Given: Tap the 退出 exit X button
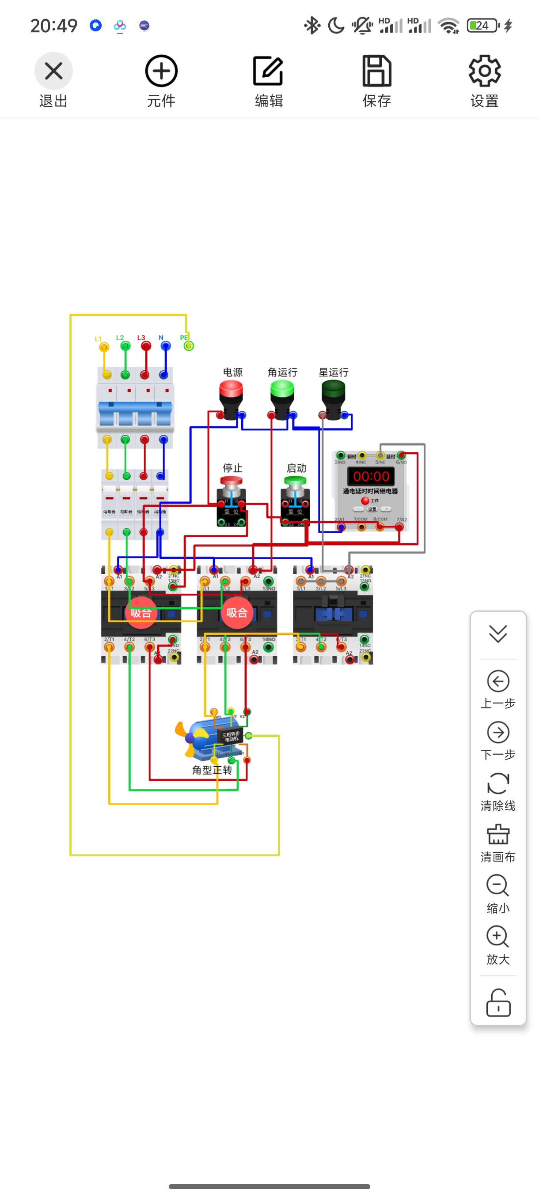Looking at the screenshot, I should pyautogui.click(x=53, y=71).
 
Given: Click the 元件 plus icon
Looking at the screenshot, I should pyautogui.click(x=161, y=71).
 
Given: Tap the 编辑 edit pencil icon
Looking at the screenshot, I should pyautogui.click(x=268, y=71).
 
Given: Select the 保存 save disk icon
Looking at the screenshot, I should pyautogui.click(x=377, y=71).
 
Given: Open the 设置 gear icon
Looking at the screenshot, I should pyautogui.click(x=485, y=71).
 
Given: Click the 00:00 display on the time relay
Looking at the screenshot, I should pyautogui.click(x=371, y=476).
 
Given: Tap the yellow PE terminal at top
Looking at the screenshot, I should pyautogui.click(x=188, y=346).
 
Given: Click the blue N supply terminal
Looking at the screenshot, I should pyautogui.click(x=166, y=346).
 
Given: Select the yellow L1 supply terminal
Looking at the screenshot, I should pyautogui.click(x=104, y=346).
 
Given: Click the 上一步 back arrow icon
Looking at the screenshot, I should pyautogui.click(x=498, y=681).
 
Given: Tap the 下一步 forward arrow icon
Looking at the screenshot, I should pyautogui.click(x=498, y=733).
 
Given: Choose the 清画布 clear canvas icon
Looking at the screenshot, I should pyautogui.click(x=498, y=835).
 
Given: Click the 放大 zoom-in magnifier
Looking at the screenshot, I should pyautogui.click(x=497, y=937).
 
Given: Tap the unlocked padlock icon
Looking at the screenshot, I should pyautogui.click(x=498, y=1003).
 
